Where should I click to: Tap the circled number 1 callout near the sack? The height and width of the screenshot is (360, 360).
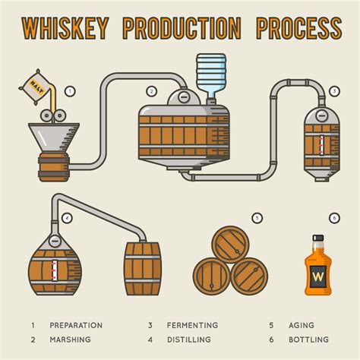71,91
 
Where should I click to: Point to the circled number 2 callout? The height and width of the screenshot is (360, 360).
152,91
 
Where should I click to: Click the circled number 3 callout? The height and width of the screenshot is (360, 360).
335,91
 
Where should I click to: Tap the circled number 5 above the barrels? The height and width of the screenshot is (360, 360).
257,218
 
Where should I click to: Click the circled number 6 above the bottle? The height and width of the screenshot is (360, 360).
335,218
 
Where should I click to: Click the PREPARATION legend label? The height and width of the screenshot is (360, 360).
76,325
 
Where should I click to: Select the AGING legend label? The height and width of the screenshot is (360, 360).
301,325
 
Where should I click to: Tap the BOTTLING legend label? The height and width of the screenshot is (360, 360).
308,339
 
